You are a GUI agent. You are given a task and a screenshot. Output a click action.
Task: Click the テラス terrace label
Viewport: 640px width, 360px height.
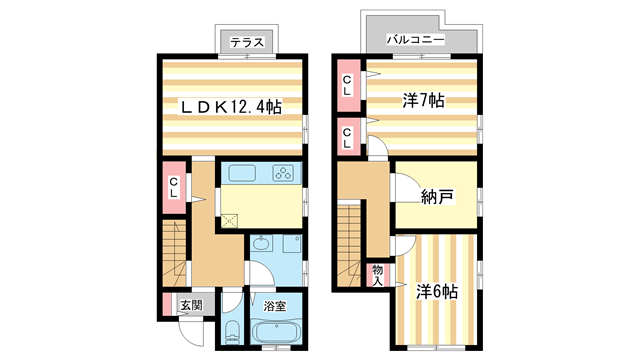click(x=246, y=43)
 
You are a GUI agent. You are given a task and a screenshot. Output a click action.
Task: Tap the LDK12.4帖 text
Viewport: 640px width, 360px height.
click(x=230, y=106)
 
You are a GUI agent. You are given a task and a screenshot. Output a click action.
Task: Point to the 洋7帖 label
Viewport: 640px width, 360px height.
click(x=424, y=100)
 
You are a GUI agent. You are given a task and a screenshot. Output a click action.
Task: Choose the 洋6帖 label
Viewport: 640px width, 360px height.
click(x=437, y=292)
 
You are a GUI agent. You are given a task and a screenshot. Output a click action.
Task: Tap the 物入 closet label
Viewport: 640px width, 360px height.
click(x=377, y=274)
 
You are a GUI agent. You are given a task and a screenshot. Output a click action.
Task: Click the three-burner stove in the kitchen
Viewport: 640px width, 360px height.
click(x=283, y=174)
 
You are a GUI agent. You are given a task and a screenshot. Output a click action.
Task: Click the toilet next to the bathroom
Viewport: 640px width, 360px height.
click(x=231, y=332)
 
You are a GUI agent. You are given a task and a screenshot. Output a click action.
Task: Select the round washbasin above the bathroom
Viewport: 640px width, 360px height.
click(x=260, y=243)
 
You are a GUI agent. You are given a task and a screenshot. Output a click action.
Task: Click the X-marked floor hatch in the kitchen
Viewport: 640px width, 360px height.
click(x=230, y=221)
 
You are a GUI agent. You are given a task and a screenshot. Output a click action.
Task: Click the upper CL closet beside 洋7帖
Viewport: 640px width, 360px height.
click(x=347, y=85)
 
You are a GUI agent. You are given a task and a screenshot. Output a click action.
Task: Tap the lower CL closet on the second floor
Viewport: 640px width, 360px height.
click(x=347, y=137)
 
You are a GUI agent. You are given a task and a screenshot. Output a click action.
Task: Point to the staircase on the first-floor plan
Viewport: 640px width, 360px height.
click(x=172, y=255)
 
